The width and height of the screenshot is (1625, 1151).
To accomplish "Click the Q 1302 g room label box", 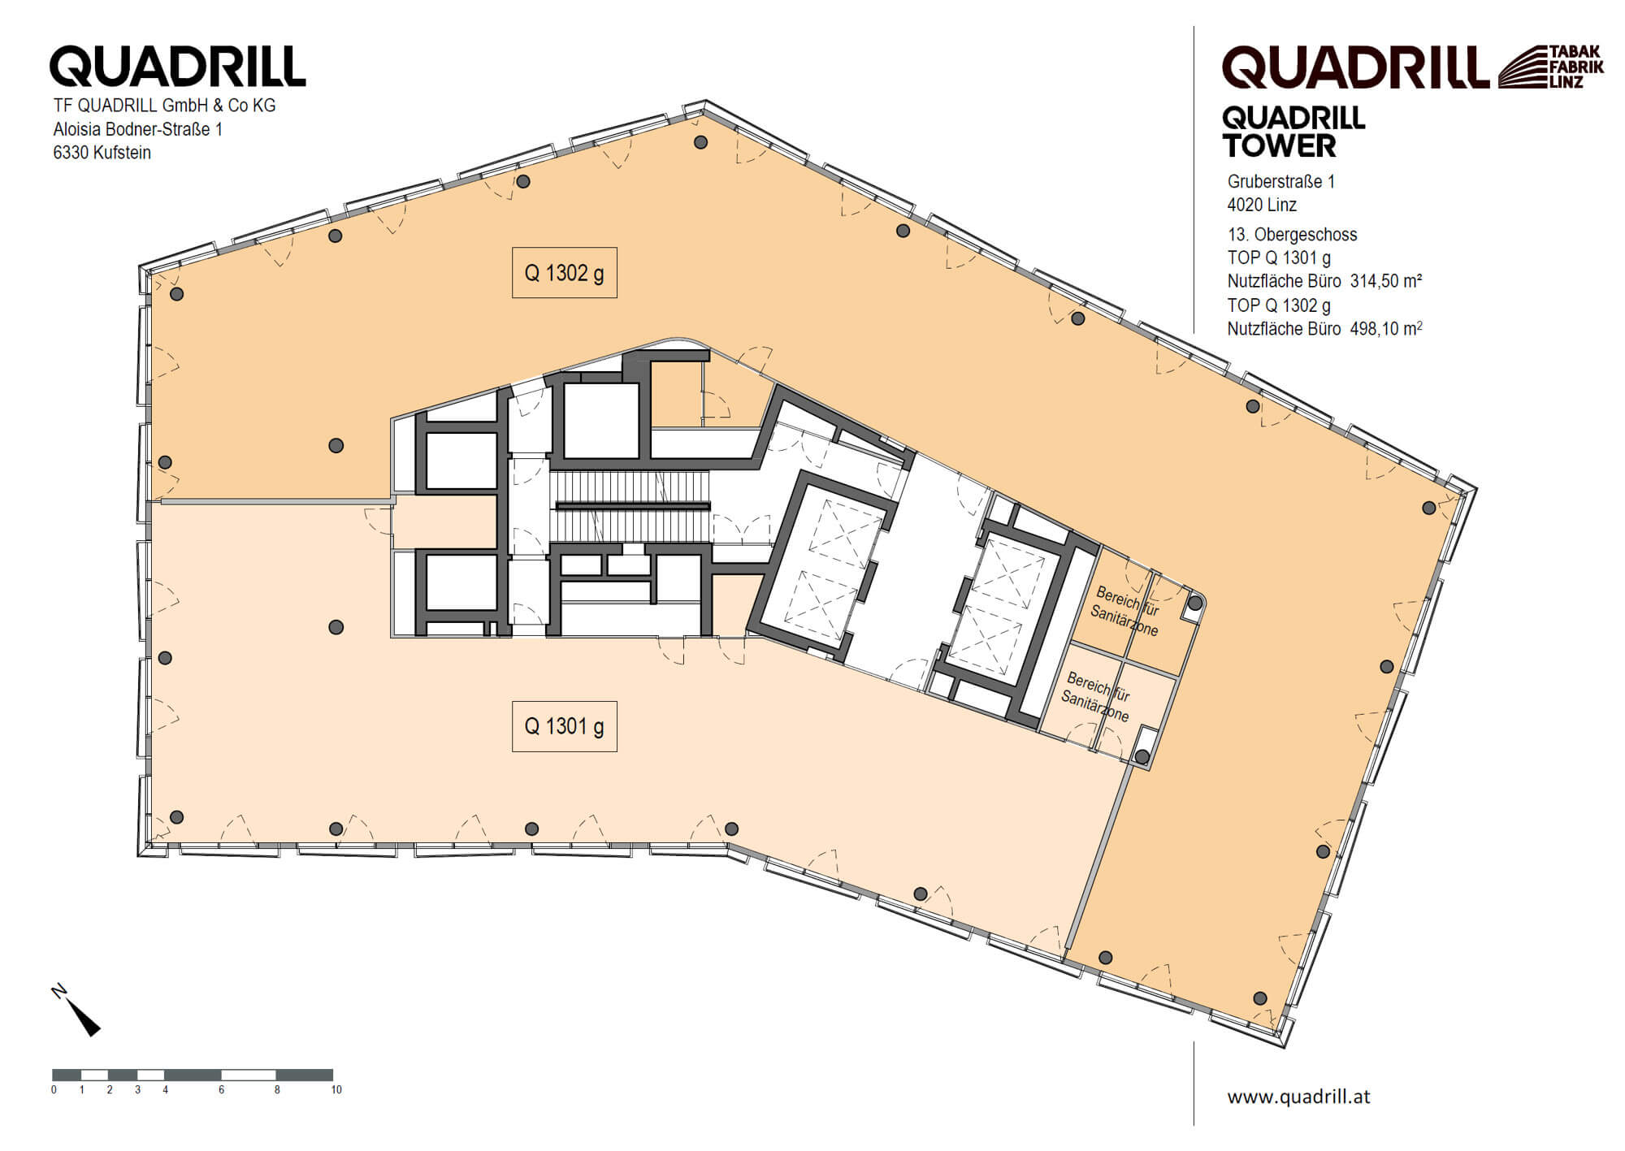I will [x=564, y=273].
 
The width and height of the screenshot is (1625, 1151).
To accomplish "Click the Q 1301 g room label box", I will [x=564, y=726].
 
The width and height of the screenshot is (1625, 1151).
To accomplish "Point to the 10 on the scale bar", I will [x=336, y=1090].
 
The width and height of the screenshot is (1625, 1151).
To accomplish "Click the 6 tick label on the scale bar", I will [x=221, y=1090].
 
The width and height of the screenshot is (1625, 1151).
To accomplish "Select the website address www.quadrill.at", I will [x=1298, y=1097].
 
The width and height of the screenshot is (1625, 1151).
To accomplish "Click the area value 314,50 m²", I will [x=1385, y=281].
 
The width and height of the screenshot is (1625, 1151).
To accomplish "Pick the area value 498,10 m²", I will [x=1385, y=329].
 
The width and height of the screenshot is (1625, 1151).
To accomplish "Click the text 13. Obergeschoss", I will [x=1292, y=235].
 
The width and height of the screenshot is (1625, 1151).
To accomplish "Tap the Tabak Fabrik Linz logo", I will [x=1550, y=67].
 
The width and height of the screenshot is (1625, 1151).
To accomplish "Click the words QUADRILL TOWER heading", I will [x=1293, y=132].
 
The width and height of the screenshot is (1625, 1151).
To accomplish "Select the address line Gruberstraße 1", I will [x=1280, y=181].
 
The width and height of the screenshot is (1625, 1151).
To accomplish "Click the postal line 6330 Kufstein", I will [x=102, y=153].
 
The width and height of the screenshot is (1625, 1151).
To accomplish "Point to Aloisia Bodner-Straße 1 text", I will [x=138, y=129].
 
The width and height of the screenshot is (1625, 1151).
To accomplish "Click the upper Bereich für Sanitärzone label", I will [x=1126, y=611].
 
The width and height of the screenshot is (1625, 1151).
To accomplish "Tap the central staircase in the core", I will [x=630, y=507].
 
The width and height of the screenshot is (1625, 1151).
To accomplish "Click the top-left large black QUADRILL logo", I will [x=177, y=66].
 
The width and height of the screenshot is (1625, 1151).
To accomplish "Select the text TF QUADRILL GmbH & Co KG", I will [x=164, y=106].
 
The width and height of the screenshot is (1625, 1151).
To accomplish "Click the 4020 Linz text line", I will [x=1262, y=205].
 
